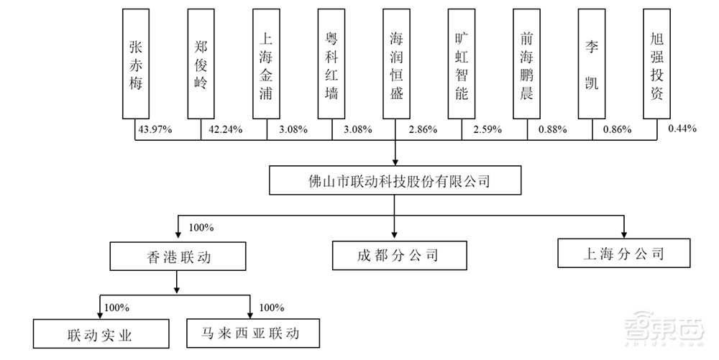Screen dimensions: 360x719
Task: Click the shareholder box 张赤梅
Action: pyautogui.click(x=135, y=64)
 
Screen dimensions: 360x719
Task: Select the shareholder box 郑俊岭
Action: pyautogui.click(x=201, y=64)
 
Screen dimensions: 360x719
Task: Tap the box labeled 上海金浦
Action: pyautogui.click(x=266, y=64)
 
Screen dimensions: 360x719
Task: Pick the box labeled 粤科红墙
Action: pyautogui.click(x=331, y=64)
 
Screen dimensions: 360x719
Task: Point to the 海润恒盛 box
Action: pyautogui.click(x=396, y=64)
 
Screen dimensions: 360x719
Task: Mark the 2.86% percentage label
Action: pyautogui.click(x=422, y=129)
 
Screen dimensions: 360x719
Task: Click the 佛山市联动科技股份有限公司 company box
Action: pyautogui.click(x=394, y=180)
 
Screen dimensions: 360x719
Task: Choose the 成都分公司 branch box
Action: pyautogui.click(x=394, y=255)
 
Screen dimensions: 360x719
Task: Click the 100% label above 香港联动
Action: pyautogui.click(x=201, y=228)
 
